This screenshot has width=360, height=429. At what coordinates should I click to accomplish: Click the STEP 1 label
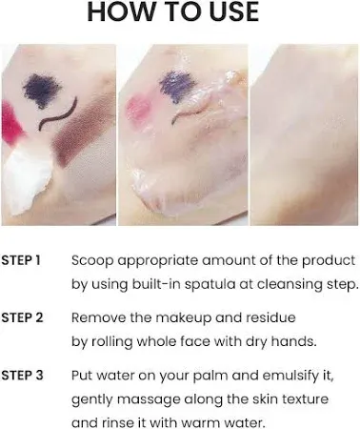tap(21, 259)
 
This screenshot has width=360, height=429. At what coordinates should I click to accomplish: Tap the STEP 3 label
tap(21, 374)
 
